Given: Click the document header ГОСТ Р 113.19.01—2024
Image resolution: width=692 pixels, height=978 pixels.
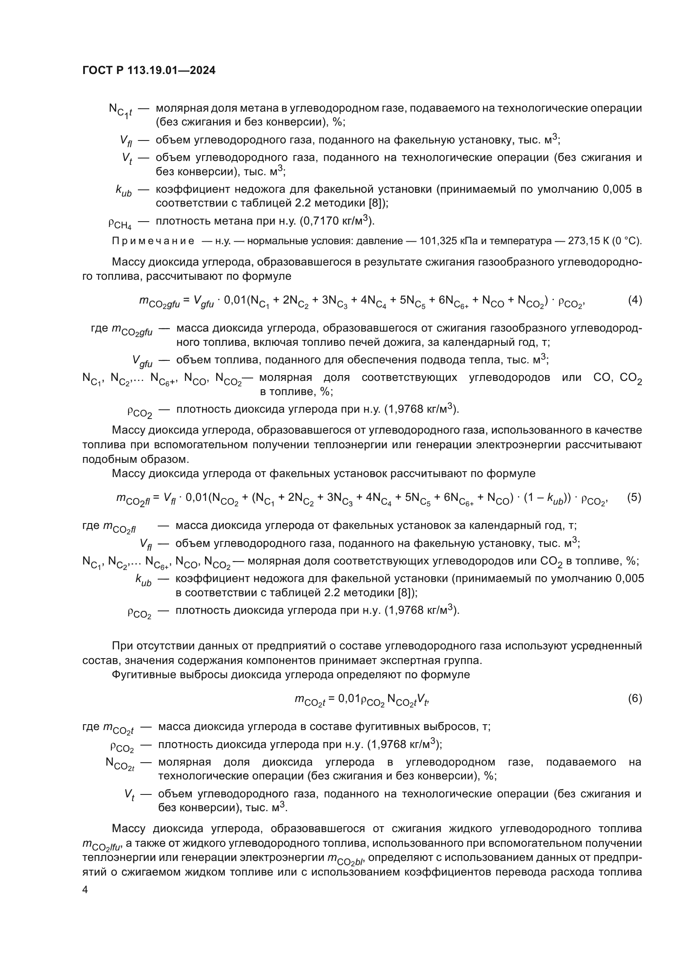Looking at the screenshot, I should [149, 71].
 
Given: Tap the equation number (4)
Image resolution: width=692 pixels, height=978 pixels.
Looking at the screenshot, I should [635, 300].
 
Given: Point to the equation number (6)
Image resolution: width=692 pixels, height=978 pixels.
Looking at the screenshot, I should [635, 698].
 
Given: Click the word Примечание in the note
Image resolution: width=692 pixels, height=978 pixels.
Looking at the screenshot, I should [153, 241].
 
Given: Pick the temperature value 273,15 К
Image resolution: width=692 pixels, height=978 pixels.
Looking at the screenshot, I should [587, 241].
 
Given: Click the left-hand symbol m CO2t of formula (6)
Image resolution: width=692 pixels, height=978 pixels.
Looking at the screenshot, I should [310, 700].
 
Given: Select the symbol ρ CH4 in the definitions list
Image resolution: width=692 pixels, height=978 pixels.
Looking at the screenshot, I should [120, 223].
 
